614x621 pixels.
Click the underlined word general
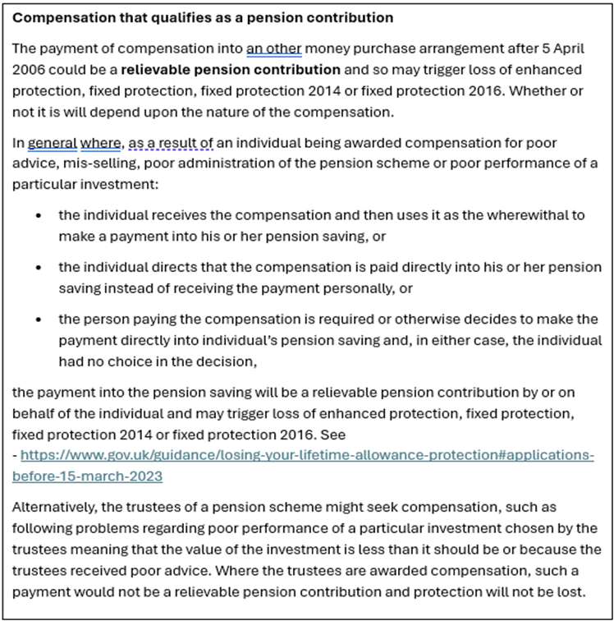[x=52, y=143]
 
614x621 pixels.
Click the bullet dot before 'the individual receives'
[x=38, y=215]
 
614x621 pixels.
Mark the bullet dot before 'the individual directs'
[x=38, y=268]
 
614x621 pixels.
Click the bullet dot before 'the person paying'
[x=38, y=320]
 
